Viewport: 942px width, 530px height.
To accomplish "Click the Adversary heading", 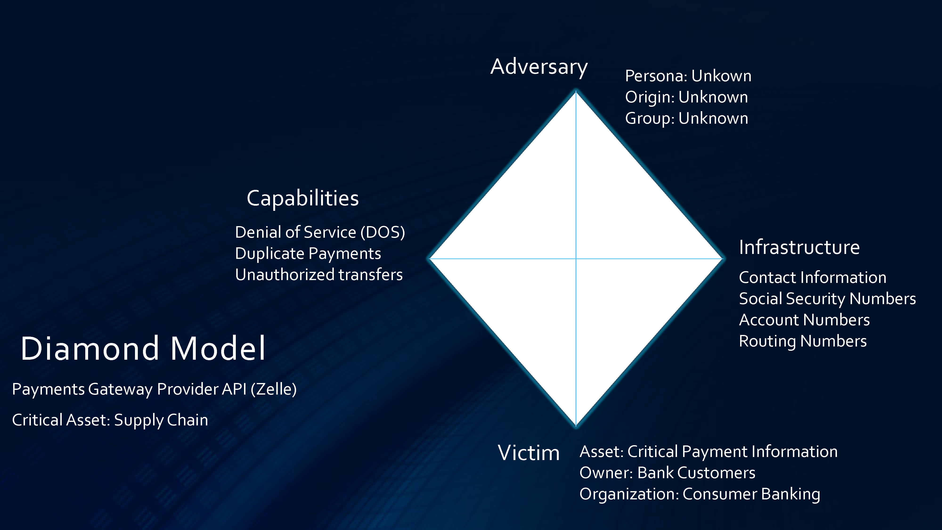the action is (539, 67).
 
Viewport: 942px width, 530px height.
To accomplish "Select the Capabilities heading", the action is (303, 199).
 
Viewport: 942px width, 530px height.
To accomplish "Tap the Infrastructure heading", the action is (799, 247).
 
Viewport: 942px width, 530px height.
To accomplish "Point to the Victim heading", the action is (529, 453).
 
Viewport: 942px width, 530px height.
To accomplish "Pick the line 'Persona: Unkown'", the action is (688, 76).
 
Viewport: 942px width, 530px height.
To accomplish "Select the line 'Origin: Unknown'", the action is (686, 97).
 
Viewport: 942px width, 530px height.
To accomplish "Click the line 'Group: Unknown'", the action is (686, 118).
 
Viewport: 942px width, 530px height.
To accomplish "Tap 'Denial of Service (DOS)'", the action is (320, 232).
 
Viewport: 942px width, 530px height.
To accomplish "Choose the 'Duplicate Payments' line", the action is (308, 253).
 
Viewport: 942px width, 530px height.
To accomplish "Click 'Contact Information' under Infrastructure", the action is (812, 278).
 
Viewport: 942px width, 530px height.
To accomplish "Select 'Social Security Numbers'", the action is (828, 299).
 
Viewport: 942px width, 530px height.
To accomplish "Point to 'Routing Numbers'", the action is (803, 341).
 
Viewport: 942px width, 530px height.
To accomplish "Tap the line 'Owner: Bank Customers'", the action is (667, 473).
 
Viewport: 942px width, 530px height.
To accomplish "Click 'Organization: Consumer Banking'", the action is (700, 494).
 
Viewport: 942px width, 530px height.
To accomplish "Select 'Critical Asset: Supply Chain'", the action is (110, 420).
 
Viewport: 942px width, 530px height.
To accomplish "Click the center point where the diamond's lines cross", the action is (576, 259).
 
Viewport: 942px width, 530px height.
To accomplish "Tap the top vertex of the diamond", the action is (576, 91).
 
